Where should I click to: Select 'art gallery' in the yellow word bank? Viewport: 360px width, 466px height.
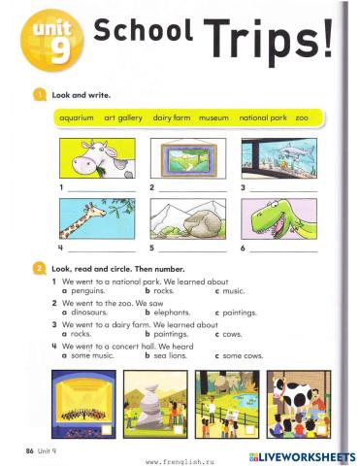[x=124, y=117]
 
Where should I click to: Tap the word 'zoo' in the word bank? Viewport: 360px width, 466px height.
[x=302, y=117]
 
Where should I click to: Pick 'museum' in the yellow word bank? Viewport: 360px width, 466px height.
[x=213, y=117]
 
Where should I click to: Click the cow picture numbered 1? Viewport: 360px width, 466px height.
[x=95, y=156]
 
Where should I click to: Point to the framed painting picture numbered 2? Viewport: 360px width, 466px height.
[x=187, y=156]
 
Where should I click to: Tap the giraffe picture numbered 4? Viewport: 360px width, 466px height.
[x=95, y=220]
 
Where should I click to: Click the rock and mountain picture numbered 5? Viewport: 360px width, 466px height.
[x=187, y=220]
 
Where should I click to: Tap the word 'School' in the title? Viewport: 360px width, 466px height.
[x=142, y=33]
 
